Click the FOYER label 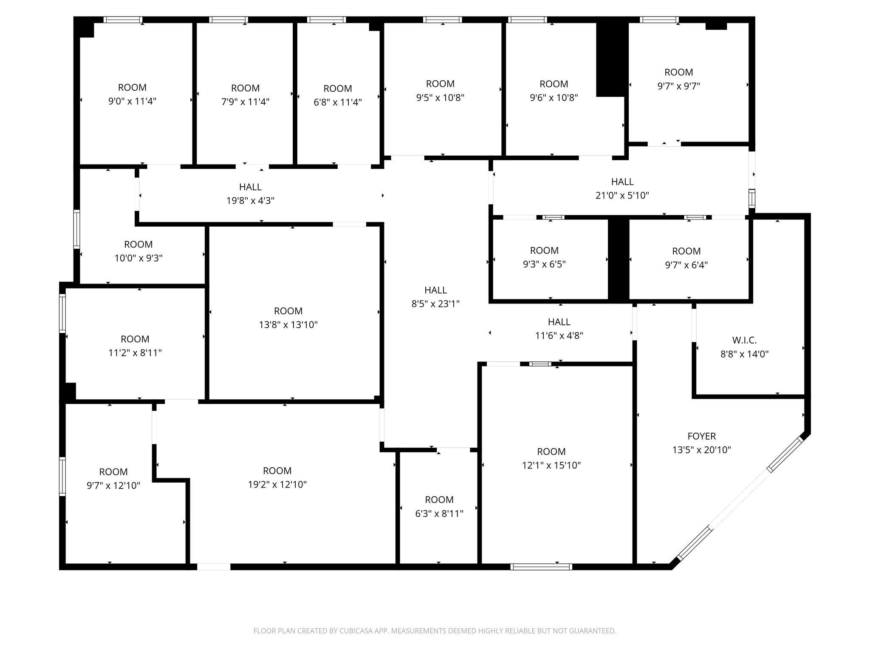tap(701, 436)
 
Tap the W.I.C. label tap(744, 340)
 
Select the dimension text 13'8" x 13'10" tap(288, 325)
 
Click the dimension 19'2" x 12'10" tap(277, 485)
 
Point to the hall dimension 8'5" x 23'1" tap(435, 304)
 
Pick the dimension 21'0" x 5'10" tap(622, 196)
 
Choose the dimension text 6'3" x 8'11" tap(439, 514)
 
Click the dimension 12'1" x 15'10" tap(551, 466)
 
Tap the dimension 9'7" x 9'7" tap(678, 86)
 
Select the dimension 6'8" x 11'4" tap(337, 102)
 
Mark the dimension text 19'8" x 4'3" tap(250, 201)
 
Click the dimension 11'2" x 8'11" tap(135, 353)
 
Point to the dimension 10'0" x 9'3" tap(138, 258)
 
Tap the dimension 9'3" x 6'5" tap(544, 264)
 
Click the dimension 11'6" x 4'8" tap(559, 336)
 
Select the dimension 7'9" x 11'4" tap(245, 102)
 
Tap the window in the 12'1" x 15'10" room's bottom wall tap(541, 567)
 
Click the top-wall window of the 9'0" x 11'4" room tap(123, 20)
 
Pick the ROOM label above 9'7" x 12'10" tap(113, 472)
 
